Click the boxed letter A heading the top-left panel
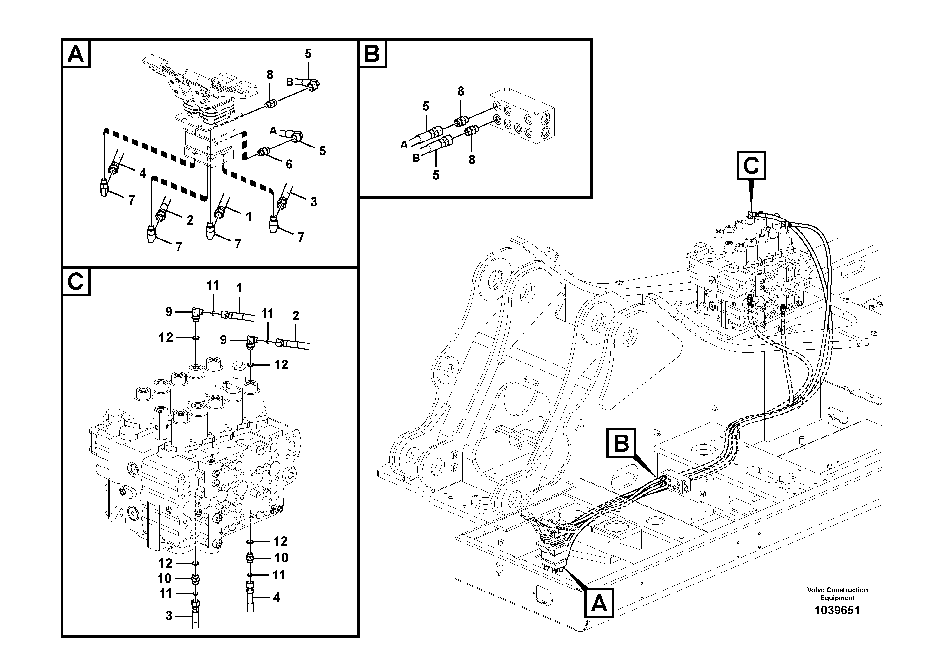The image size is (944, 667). (x=76, y=54)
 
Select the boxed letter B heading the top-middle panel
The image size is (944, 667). (x=372, y=54)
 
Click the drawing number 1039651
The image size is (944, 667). (x=837, y=610)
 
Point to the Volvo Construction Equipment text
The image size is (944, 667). (x=837, y=594)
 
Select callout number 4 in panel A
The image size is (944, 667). (x=142, y=173)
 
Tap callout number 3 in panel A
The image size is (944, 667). (x=314, y=202)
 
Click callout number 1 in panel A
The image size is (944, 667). (x=248, y=217)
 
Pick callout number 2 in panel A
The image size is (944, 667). (x=190, y=220)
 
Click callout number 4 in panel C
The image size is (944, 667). (x=276, y=598)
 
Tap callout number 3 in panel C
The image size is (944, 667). (x=169, y=616)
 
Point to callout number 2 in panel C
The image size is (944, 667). (x=296, y=316)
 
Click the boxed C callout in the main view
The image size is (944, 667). (x=751, y=166)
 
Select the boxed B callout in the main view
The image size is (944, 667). (x=621, y=444)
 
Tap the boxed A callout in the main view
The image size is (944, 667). (x=599, y=604)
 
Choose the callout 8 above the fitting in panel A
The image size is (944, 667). (x=270, y=75)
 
